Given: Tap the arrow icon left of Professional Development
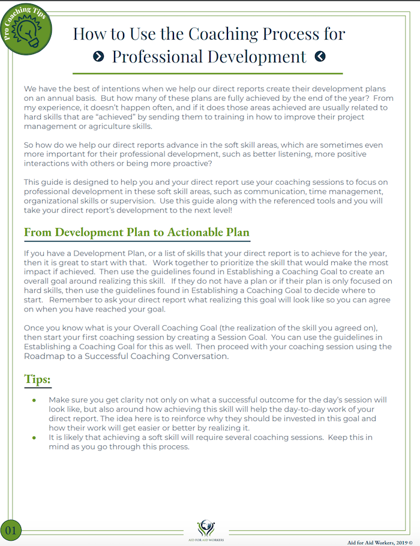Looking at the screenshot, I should (100, 56).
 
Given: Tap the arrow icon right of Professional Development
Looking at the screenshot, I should (320, 56).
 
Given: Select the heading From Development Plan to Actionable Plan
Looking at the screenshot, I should (136, 232).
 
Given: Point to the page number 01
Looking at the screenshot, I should (11, 530).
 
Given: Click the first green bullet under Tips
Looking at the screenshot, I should (34, 400).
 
